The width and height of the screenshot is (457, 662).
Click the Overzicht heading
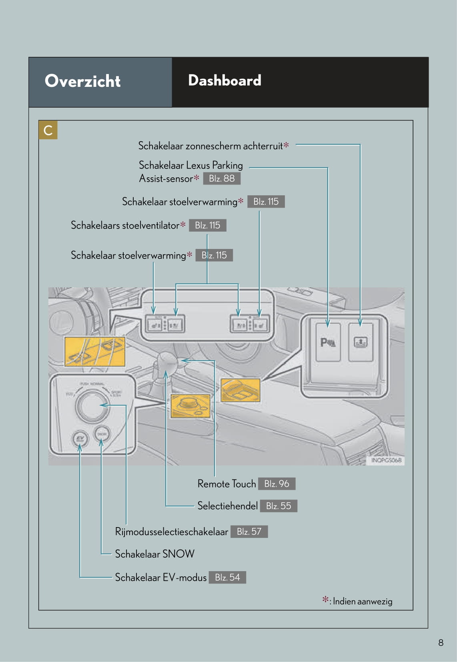(82, 81)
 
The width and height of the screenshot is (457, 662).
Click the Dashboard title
(224, 80)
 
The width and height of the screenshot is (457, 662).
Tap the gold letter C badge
(48, 130)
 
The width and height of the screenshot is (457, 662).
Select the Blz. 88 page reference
(222, 179)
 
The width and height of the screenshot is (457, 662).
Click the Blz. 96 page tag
(277, 484)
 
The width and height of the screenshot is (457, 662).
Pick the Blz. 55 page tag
(279, 506)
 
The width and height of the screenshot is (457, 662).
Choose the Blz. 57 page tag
(249, 532)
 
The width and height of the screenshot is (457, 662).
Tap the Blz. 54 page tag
(227, 577)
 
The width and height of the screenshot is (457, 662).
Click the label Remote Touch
(226, 484)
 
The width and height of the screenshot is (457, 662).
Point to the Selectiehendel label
(227, 506)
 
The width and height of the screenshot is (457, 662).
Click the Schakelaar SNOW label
(154, 554)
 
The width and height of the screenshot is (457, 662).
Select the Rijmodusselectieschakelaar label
(171, 532)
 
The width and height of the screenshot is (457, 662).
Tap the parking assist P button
(328, 343)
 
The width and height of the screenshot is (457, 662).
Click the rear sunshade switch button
(361, 343)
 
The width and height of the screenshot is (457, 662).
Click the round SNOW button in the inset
(102, 434)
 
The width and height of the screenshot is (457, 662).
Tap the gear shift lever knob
(168, 362)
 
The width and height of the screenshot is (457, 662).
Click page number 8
(441, 642)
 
